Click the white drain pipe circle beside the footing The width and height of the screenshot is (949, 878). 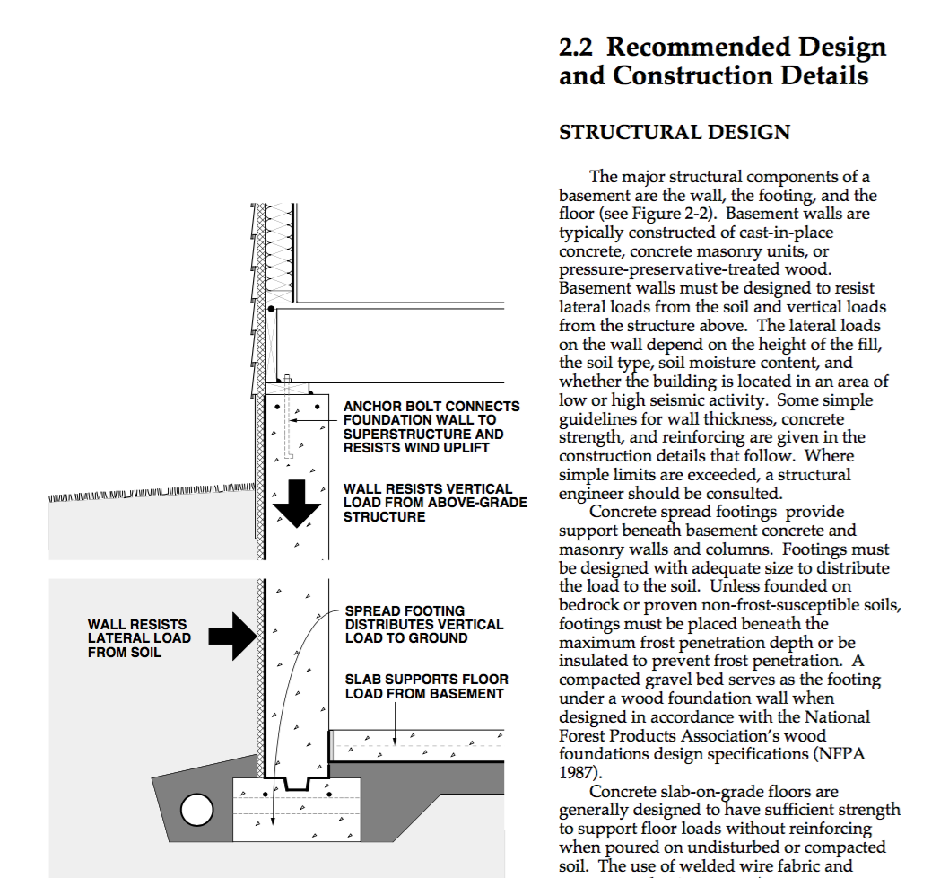tap(196, 810)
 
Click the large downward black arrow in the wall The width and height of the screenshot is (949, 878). tap(296, 504)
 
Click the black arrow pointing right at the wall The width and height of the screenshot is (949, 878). tap(233, 637)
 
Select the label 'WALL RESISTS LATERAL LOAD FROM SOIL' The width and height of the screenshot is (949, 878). tap(139, 638)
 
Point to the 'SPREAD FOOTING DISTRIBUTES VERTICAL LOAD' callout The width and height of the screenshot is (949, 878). tap(424, 625)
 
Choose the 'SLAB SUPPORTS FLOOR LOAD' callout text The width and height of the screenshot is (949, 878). tap(427, 687)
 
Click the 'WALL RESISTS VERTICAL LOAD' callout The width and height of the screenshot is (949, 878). tap(435, 503)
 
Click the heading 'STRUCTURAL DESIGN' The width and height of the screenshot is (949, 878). tap(675, 133)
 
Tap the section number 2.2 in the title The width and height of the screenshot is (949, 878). tap(576, 47)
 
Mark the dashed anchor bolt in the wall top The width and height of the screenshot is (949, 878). tap(288, 418)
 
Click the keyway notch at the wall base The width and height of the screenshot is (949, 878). tap(297, 784)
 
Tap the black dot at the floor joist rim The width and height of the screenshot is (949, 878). tap(271, 309)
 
